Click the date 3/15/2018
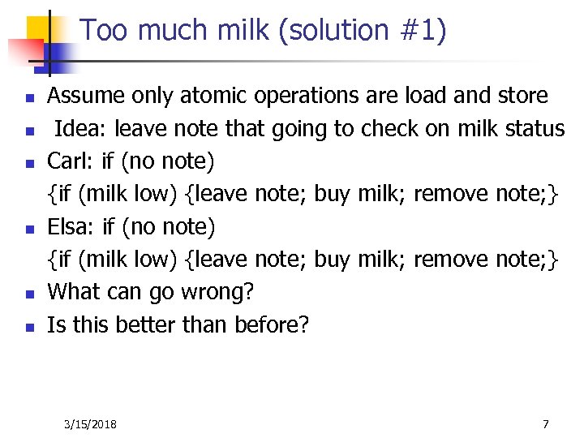(91, 424)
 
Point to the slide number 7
(545, 424)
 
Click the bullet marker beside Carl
(28, 163)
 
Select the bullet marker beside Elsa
(28, 229)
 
